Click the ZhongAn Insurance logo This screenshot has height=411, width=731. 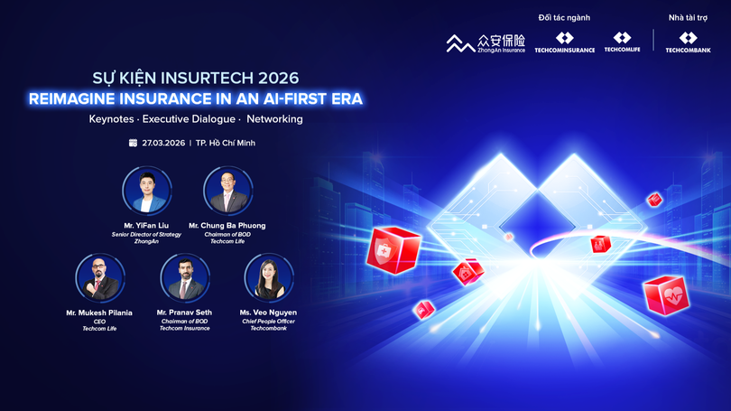tap(486, 42)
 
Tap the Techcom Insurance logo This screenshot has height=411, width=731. tap(564, 42)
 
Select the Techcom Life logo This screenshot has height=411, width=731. tap(623, 42)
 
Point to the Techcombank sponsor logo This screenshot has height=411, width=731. tap(688, 42)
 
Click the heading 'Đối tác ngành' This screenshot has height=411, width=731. tap(564, 17)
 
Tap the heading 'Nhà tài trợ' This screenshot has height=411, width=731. tap(688, 17)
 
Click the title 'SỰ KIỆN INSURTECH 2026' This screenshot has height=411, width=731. tap(196, 78)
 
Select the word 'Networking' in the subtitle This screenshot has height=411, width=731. tap(275, 119)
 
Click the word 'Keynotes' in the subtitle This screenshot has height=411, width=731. tap(114, 119)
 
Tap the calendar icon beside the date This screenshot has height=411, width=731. tap(133, 143)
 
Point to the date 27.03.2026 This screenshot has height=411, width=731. tap(162, 143)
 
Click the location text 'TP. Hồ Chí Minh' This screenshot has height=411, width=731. tap(226, 143)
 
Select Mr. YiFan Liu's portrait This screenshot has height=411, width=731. tap(146, 191)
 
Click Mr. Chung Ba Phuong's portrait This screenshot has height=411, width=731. tap(227, 191)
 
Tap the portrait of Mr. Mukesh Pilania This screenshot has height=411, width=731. tap(99, 277)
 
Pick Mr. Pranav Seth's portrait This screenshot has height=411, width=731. tap(184, 277)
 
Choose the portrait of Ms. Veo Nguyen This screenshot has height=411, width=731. tap(269, 277)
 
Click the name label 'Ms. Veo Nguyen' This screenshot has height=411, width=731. tap(269, 313)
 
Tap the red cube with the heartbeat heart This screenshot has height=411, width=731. tap(666, 294)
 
